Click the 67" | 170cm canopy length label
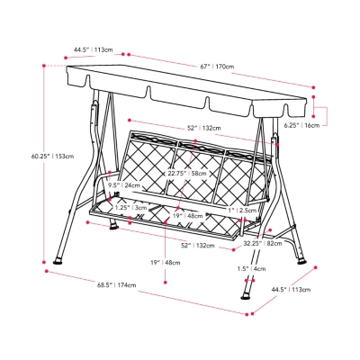217,67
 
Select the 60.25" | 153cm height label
52,156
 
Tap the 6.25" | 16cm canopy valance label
302,125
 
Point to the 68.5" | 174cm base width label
116,284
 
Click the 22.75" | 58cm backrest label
187,174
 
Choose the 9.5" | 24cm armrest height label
123,185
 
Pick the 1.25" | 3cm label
131,208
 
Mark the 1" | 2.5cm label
242,211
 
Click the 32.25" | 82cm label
263,243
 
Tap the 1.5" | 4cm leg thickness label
251,269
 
